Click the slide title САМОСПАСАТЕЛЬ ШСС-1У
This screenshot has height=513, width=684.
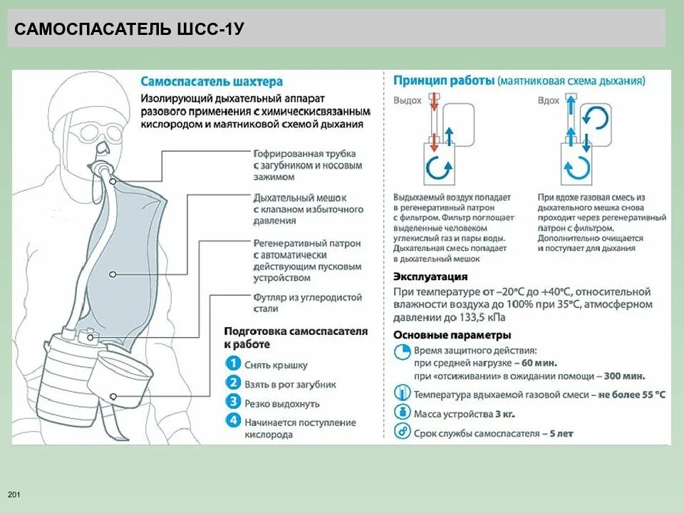130,29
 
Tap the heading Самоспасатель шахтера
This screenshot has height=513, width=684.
212,82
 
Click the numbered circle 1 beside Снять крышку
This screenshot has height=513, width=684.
233,364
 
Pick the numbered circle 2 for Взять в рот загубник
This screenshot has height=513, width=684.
233,383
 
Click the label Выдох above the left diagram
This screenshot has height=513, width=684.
408,100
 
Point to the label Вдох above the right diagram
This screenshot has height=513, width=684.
549,100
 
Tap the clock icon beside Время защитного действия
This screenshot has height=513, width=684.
403,351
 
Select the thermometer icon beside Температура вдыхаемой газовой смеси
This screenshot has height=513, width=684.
403,393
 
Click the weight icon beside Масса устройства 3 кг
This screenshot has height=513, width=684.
403,413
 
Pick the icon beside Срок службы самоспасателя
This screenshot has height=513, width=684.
403,432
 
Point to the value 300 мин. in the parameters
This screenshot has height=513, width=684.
623,375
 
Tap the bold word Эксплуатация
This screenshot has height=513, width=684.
430,276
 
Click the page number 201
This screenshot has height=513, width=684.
14,494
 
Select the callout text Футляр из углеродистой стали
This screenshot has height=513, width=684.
307,303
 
